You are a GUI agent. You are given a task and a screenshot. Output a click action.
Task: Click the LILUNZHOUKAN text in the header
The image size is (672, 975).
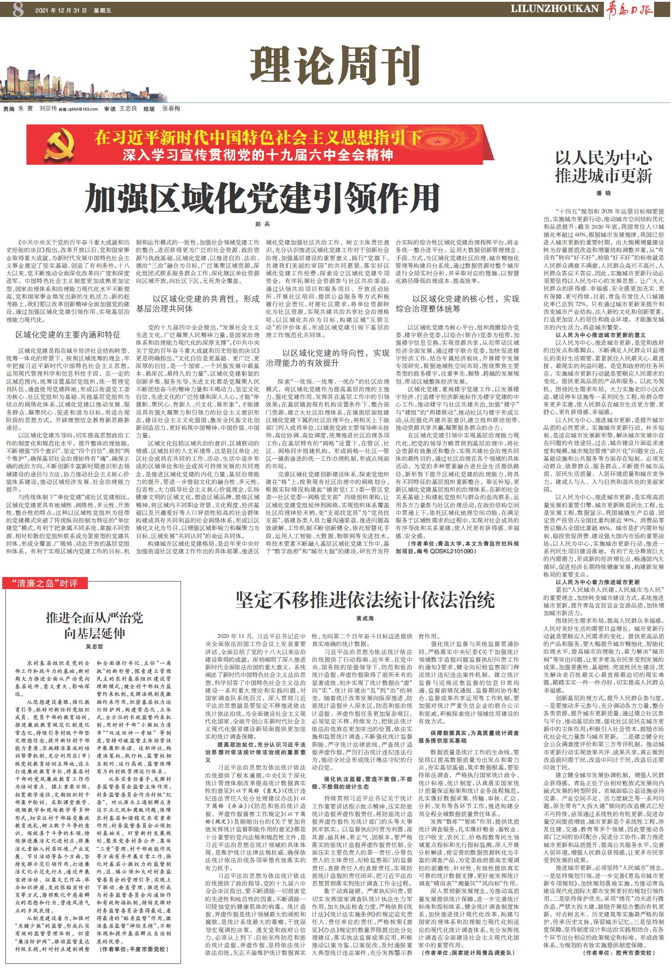point(555,9)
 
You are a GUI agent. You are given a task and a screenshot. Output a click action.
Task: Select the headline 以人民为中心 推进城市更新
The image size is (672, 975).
point(603,167)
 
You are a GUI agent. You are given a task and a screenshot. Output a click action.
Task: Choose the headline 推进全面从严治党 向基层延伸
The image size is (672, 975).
point(95,625)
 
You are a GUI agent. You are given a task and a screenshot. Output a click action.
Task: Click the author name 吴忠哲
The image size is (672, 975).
point(95,647)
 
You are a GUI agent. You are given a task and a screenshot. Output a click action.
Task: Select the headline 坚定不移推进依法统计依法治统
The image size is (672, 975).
point(365,600)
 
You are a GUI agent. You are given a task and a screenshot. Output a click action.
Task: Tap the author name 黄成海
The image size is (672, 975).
point(365,618)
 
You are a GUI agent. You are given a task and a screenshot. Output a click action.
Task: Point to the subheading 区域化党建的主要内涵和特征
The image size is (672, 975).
point(68,334)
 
